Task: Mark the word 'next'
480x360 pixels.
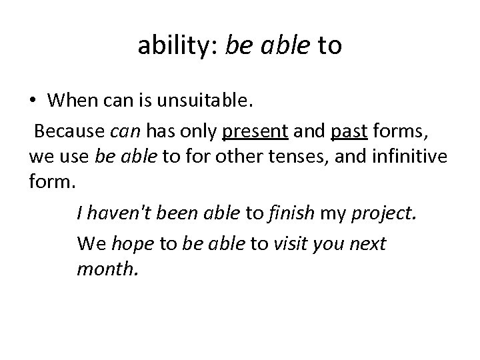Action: click(x=367, y=243)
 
